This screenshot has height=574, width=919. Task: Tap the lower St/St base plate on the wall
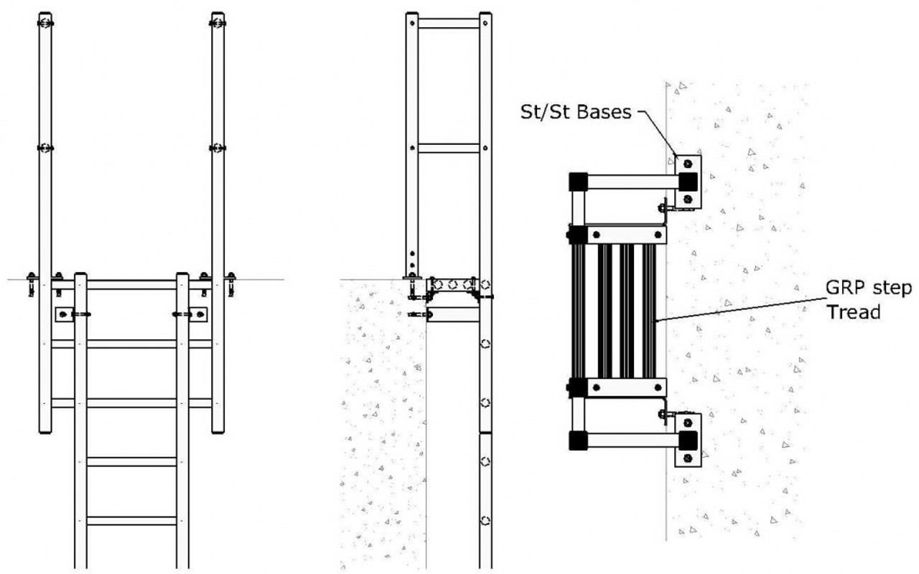pyautogui.click(x=688, y=439)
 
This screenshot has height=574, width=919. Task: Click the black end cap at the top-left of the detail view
pyautogui.click(x=577, y=182)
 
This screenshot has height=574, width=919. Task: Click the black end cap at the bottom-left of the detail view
pyautogui.click(x=577, y=440)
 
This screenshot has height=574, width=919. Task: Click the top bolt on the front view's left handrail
pyautogui.click(x=45, y=23)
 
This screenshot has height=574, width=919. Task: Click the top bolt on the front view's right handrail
pyautogui.click(x=218, y=23)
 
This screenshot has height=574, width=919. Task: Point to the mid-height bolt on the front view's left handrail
pyautogui.click(x=45, y=148)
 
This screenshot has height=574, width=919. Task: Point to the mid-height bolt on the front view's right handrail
pyautogui.click(x=218, y=148)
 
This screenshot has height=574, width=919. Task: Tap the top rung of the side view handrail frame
pyautogui.click(x=449, y=23)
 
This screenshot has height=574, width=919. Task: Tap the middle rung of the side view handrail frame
pyautogui.click(x=449, y=148)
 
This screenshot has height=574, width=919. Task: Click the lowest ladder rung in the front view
pyautogui.click(x=131, y=520)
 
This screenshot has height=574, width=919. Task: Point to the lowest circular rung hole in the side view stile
pyautogui.click(x=486, y=519)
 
